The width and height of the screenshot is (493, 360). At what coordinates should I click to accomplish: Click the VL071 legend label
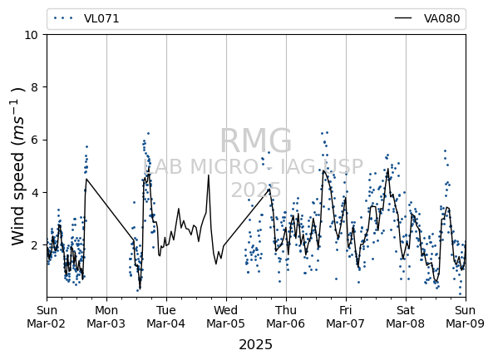click(x=101, y=18)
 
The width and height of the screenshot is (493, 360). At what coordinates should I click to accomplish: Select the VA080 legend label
click(x=441, y=18)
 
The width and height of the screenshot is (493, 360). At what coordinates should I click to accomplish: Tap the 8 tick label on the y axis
click(x=34, y=87)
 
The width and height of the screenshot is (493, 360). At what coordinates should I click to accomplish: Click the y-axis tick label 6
click(x=34, y=140)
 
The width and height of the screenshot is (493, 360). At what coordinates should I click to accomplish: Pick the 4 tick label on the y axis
click(x=34, y=192)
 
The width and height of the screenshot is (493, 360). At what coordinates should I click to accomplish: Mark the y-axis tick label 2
click(x=34, y=244)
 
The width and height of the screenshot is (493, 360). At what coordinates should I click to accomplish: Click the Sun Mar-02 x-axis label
click(x=47, y=317)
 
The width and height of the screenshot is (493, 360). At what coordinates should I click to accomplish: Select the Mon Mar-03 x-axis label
click(x=106, y=317)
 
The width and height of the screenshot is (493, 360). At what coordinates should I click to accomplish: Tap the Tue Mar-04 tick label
click(x=166, y=317)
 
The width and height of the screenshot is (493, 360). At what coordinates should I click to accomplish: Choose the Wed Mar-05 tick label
click(x=226, y=317)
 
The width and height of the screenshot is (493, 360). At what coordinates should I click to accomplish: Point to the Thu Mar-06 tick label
click(x=286, y=317)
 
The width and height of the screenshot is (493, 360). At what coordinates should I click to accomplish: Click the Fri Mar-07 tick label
click(x=346, y=317)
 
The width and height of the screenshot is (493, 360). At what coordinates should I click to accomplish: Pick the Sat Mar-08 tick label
click(x=406, y=317)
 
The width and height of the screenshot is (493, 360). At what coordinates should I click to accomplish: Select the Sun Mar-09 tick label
click(x=466, y=317)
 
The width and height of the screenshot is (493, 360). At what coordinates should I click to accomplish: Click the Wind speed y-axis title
click(x=18, y=166)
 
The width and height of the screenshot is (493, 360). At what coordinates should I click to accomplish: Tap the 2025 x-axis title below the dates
click(x=255, y=344)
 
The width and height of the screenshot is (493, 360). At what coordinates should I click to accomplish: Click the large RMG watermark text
click(x=255, y=141)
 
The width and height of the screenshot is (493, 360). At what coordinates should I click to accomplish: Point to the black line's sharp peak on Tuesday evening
click(x=208, y=175)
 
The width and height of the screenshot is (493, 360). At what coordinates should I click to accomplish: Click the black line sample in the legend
click(x=403, y=18)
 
